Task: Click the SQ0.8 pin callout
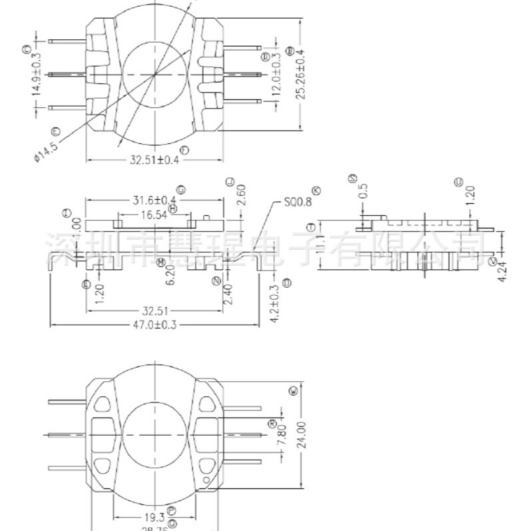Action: coord(293,202)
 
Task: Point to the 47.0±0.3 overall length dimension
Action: coord(155,324)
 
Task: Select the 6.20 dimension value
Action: coord(171,275)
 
